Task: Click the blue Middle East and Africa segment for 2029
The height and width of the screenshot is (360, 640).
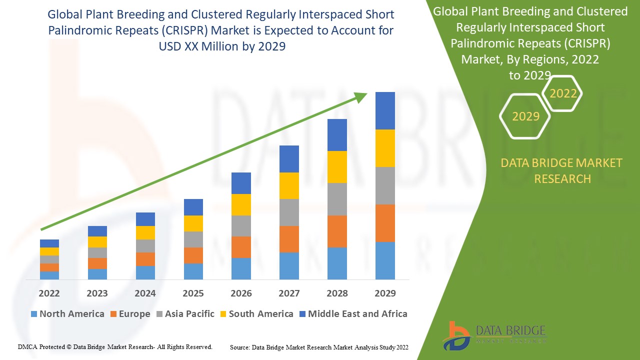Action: [385, 110]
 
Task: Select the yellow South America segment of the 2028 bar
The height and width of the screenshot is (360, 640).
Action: [337, 167]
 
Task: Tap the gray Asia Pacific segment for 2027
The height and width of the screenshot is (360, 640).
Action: [289, 212]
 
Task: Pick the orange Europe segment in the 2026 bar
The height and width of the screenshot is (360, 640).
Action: [241, 247]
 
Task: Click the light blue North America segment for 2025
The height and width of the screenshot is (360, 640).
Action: [193, 271]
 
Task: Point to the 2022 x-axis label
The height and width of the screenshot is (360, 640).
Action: [49, 293]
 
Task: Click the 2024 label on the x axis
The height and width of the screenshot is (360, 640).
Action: [145, 293]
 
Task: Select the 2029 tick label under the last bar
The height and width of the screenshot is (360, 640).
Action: [385, 293]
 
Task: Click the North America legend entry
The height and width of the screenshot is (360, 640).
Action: [67, 314]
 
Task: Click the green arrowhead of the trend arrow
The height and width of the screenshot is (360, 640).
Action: [361, 97]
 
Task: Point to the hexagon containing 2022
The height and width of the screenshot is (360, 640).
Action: [563, 93]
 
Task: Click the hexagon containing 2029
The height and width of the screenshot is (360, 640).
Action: [525, 116]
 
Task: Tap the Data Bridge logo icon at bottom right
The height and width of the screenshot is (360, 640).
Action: [455, 335]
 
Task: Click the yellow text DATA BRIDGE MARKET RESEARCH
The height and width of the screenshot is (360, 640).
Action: [562, 170]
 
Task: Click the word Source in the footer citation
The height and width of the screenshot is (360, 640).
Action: [239, 347]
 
